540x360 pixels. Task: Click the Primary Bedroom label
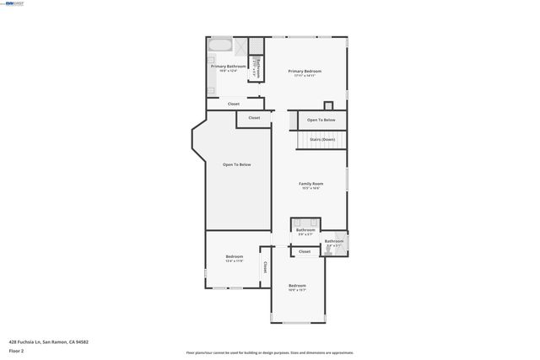(x=305, y=72)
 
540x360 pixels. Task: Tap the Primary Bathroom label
(x=229, y=67)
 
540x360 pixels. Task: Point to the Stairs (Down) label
(x=321, y=139)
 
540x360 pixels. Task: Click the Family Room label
(x=310, y=184)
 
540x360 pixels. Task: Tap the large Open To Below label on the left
(x=236, y=164)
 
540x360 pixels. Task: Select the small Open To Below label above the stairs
(x=321, y=121)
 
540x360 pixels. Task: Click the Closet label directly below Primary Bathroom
(x=234, y=104)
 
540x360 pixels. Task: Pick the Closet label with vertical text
(x=265, y=266)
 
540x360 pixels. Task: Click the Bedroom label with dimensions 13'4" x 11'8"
(x=234, y=257)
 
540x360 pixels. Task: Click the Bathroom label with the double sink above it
(x=305, y=230)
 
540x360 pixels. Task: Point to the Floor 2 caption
(x=16, y=350)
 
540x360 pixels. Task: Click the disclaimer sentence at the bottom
(x=269, y=352)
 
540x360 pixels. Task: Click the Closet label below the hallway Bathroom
(x=305, y=251)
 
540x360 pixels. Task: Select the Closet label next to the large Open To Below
(x=254, y=118)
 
